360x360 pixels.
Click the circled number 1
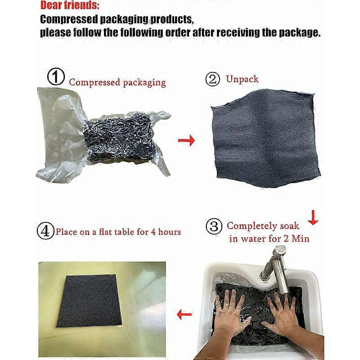pyautogui.click(x=56, y=76)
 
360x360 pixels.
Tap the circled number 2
pyautogui.click(x=212, y=79)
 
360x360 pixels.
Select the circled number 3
pyautogui.click(x=214, y=226)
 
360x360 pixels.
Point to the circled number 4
pyautogui.click(x=45, y=231)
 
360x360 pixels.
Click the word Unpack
pyautogui.click(x=242, y=79)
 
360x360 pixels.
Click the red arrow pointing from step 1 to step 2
pyautogui.click(x=186, y=140)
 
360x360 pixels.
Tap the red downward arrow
pyautogui.click(x=313, y=217)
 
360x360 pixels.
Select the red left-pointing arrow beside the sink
pyautogui.click(x=184, y=314)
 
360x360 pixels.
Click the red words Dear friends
pyautogui.click(x=70, y=5)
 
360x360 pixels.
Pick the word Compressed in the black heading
pyautogui.click(x=69, y=20)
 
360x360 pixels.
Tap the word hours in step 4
pyautogui.click(x=170, y=232)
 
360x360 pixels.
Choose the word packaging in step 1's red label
pyautogui.click(x=144, y=83)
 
